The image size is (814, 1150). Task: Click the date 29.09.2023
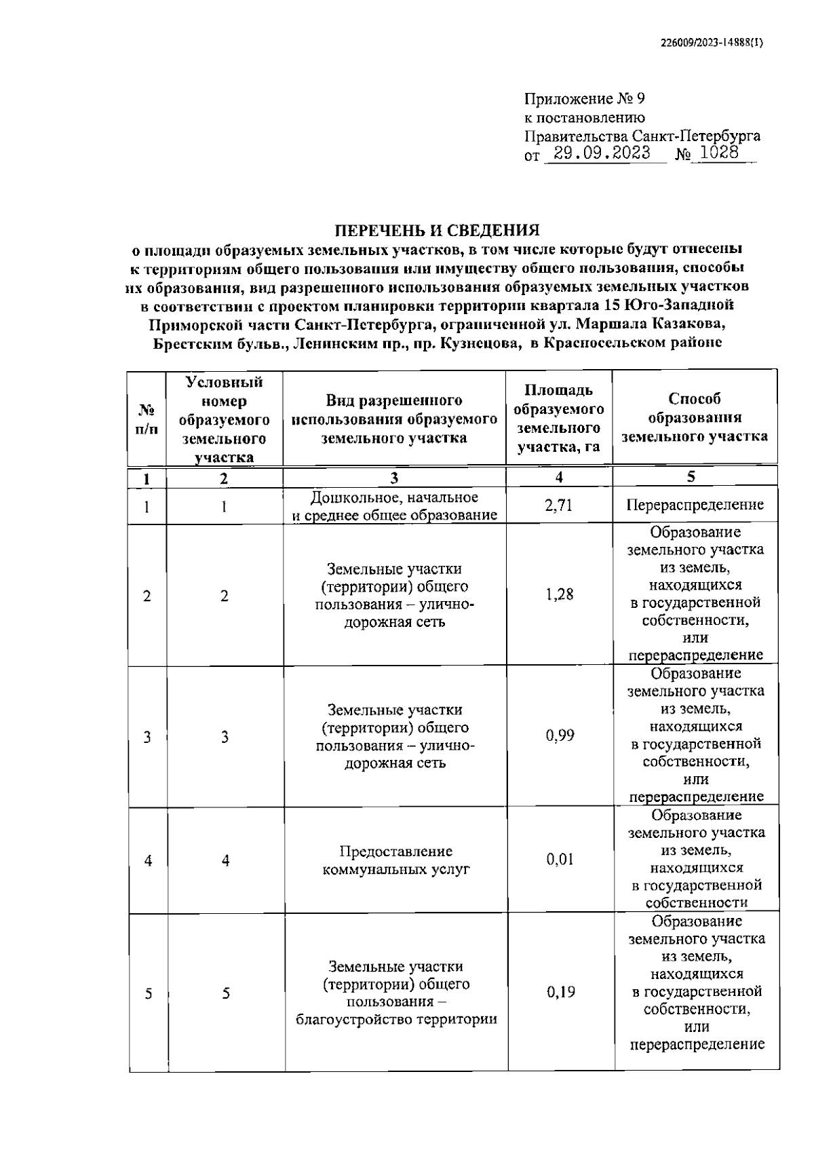coord(598,153)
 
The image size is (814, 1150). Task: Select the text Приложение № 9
coord(584,99)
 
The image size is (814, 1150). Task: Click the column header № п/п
coord(147,419)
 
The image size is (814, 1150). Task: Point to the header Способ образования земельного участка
coord(694,417)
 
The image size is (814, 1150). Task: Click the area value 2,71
coord(559,505)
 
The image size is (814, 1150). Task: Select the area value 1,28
coord(559,595)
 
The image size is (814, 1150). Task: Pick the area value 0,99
coord(560,735)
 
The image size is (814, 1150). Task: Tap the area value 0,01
coord(560,860)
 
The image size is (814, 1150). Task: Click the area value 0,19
coord(560,992)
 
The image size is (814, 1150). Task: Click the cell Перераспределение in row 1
coord(695,505)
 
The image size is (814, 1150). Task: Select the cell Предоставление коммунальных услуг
coord(396,860)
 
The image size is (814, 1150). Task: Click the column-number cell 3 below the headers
coord(394,478)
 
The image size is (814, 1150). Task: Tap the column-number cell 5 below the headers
coord(691,477)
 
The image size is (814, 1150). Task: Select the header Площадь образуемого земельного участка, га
coord(558,419)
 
